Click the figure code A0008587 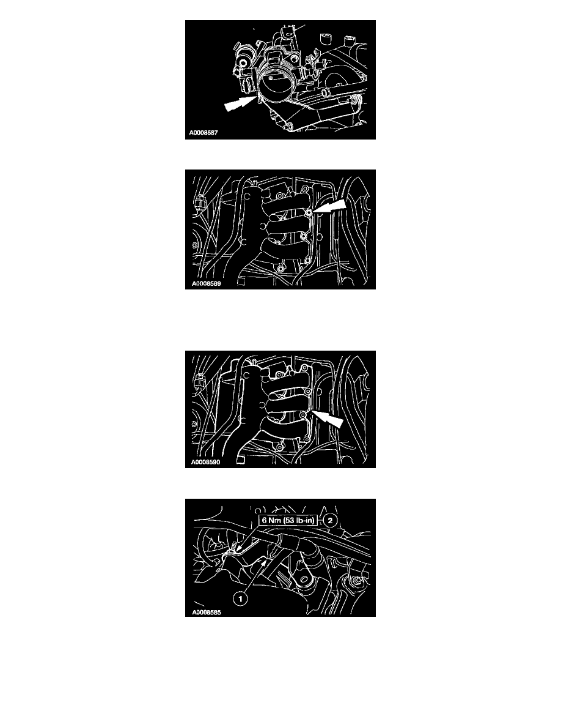click(204, 133)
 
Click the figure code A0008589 click(206, 283)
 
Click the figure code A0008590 click(205, 462)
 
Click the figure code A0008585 click(206, 612)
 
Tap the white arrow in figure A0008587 click(240, 103)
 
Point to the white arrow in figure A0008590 click(328, 418)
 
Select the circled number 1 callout click(240, 599)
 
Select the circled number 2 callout click(330, 520)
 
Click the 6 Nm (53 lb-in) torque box click(288, 520)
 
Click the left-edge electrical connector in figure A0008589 click(199, 202)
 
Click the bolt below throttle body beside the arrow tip click(260, 100)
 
